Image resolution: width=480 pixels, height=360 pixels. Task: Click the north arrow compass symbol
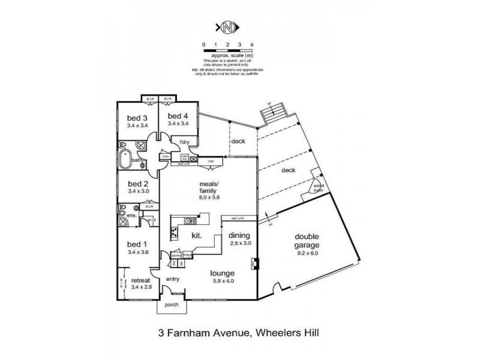tap(227, 28)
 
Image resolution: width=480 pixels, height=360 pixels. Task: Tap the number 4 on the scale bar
tap(251, 45)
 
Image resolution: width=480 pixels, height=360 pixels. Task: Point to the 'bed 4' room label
tap(178, 116)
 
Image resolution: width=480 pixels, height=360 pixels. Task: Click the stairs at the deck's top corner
tap(275, 114)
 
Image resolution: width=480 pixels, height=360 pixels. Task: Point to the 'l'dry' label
tap(184, 142)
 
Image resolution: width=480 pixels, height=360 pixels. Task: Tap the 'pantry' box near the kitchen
tap(176, 254)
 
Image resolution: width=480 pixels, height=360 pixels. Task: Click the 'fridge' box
tap(187, 254)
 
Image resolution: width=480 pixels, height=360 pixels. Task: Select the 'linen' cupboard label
tap(164, 157)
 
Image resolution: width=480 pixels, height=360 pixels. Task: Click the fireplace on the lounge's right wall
tap(254, 262)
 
